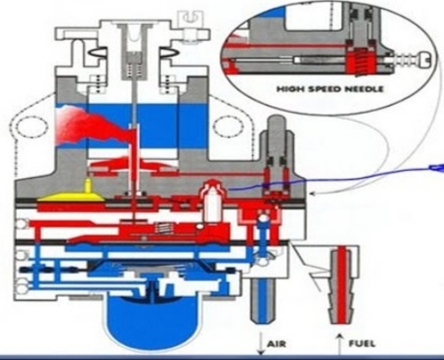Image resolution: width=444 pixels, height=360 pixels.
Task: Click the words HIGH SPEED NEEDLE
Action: [x=330, y=89]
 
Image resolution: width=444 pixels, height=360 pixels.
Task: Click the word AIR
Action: [x=277, y=344]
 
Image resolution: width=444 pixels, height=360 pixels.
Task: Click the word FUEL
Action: [x=362, y=344]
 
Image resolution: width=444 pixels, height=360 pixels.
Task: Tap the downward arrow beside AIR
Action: [x=261, y=343]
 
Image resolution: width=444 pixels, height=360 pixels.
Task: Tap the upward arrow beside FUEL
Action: [x=339, y=344]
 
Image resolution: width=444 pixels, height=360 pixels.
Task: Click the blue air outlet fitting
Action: [x=261, y=300]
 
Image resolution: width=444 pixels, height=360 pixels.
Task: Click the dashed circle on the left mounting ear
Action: [x=31, y=127]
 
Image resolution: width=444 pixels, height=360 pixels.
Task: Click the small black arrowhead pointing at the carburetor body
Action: [x=312, y=193]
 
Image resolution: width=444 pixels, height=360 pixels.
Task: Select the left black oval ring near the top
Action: [x=98, y=52]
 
